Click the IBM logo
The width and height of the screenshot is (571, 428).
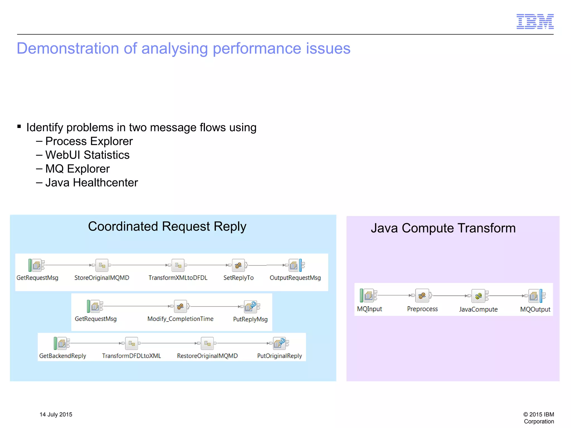[535, 21]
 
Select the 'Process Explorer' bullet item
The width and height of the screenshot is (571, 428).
[89, 141]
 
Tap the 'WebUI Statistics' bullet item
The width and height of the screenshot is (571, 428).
[87, 155]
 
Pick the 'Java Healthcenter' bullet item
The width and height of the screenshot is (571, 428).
[91, 183]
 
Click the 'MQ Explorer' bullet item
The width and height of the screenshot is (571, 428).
[78, 169]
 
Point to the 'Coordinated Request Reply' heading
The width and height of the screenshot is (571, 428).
[167, 226]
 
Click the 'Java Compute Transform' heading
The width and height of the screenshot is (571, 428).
[443, 228]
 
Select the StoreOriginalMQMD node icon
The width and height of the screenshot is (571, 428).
[102, 265]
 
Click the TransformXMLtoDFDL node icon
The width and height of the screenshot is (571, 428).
[178, 265]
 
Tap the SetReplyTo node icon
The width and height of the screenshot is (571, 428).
[238, 265]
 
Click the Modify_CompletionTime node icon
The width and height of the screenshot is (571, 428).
[180, 306]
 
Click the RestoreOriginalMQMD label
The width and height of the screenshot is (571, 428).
[207, 356]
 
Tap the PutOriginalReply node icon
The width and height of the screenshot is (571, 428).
[280, 343]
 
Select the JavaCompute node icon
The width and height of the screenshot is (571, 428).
[478, 296]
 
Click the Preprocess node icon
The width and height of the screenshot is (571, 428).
[422, 296]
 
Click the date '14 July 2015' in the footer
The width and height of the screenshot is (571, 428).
[56, 414]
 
